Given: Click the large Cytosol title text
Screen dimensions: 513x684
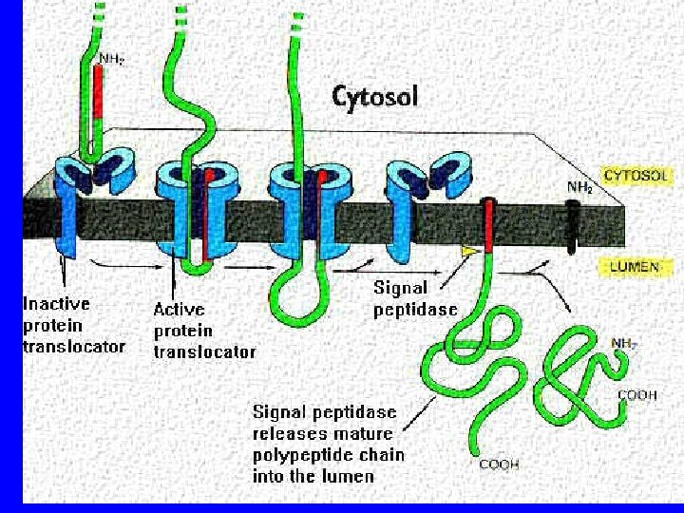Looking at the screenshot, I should click(x=374, y=96).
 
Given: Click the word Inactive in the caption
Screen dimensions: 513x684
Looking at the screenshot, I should click(x=56, y=304).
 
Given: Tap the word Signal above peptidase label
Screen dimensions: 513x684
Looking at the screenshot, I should click(x=400, y=287).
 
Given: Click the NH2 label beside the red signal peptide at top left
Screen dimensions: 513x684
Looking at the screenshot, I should click(x=112, y=59).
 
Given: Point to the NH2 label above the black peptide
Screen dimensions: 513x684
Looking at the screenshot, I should click(x=579, y=188).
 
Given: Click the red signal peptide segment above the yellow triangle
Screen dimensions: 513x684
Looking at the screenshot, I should click(x=486, y=224).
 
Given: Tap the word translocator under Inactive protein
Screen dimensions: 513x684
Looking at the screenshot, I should click(x=74, y=347).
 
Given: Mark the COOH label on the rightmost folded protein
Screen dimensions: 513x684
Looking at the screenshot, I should click(x=637, y=395).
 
